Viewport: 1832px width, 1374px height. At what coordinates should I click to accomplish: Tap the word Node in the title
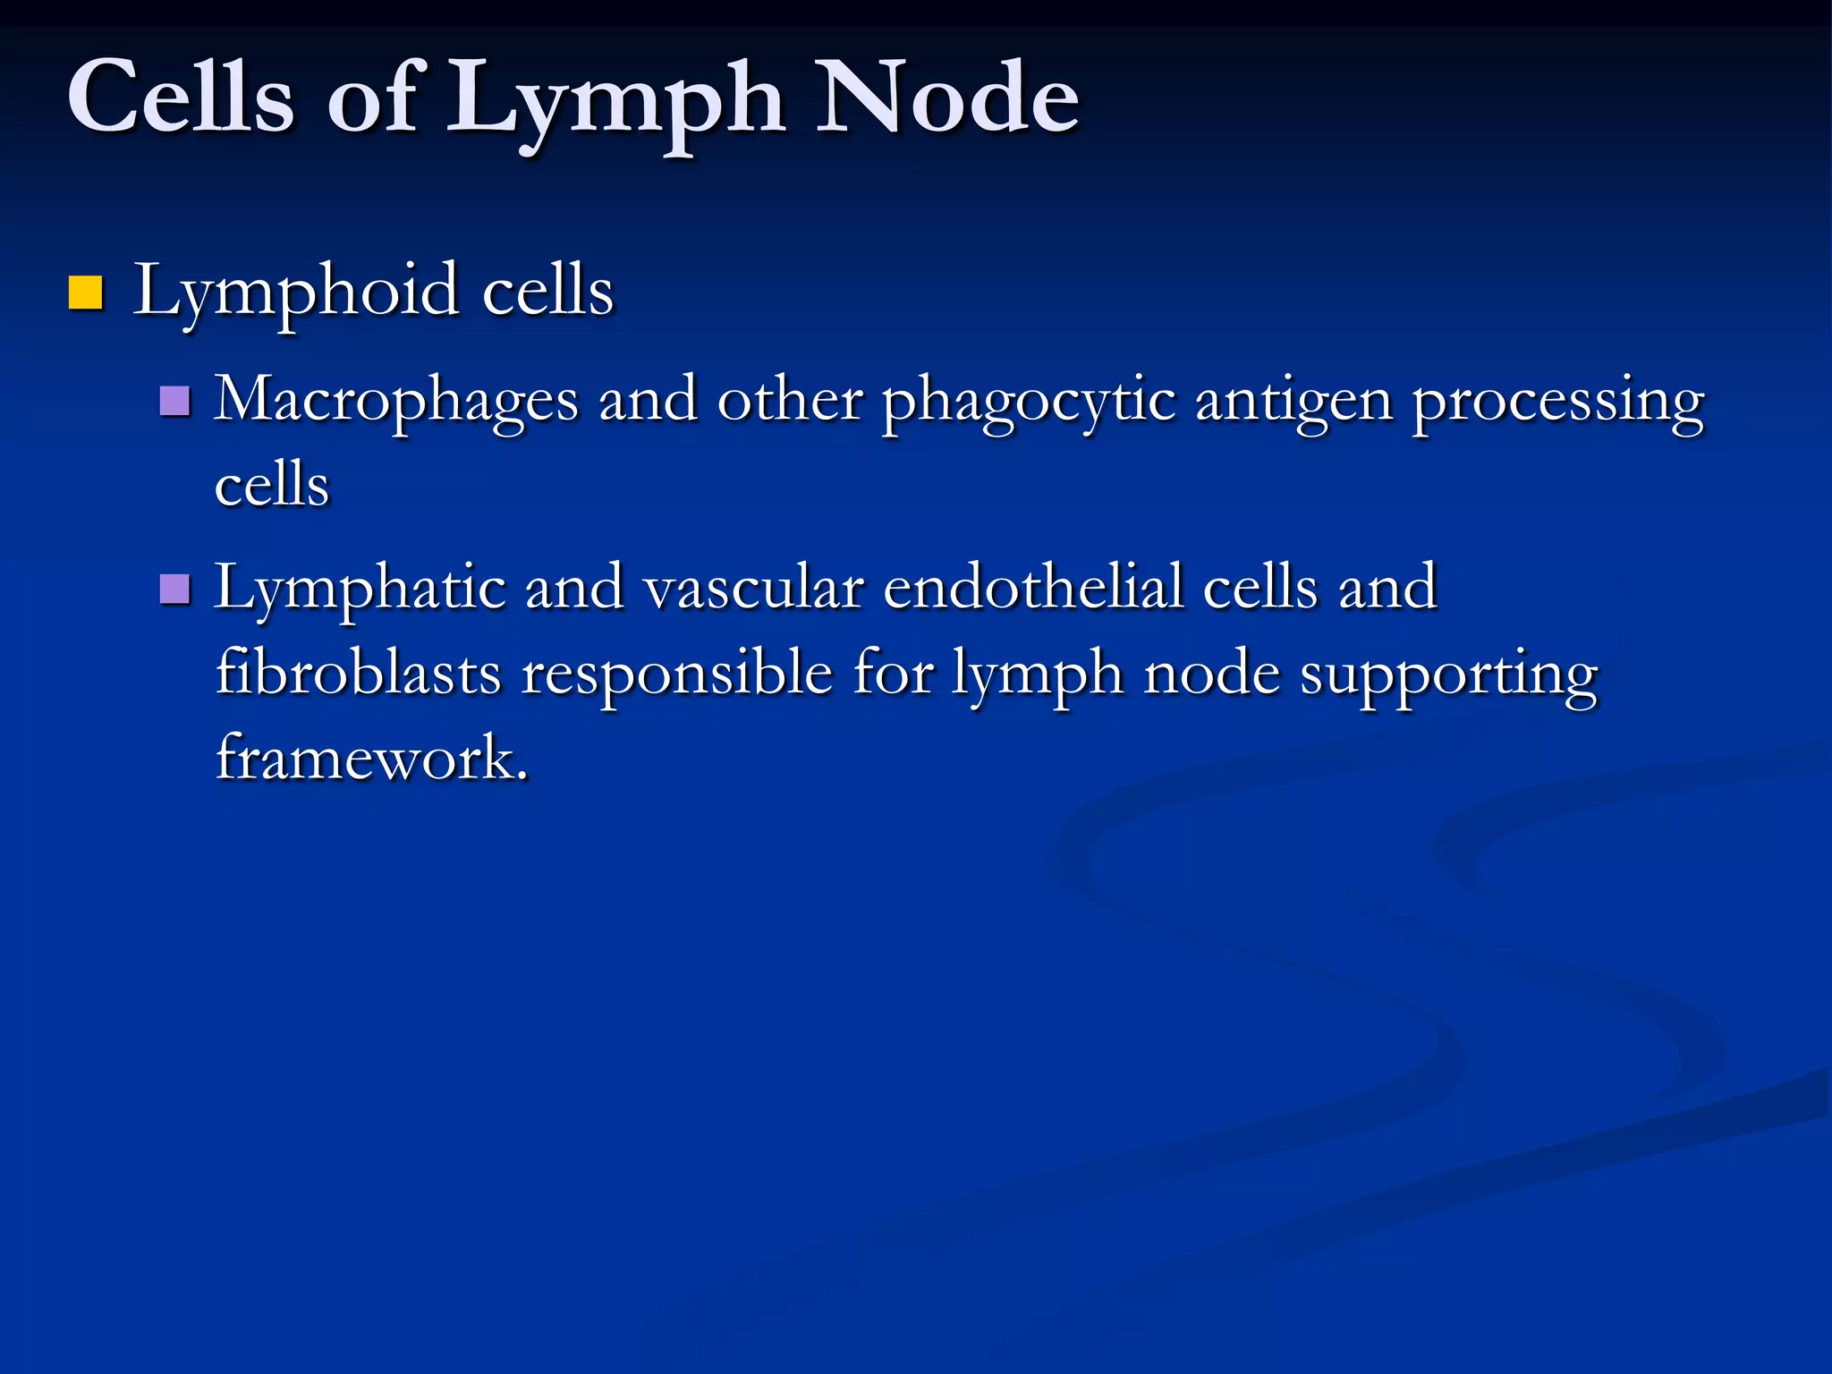(x=947, y=97)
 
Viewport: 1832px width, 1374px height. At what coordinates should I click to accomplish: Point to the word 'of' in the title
(x=371, y=97)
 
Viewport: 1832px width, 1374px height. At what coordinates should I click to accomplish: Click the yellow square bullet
(x=86, y=293)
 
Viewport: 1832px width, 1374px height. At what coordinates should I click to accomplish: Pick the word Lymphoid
(x=296, y=293)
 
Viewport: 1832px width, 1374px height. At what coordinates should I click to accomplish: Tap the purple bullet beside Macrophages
(x=174, y=402)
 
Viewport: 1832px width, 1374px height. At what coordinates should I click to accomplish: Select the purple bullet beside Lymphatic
(x=174, y=589)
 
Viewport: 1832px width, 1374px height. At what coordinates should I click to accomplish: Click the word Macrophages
(x=396, y=402)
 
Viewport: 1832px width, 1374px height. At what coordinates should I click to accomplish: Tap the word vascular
(x=754, y=589)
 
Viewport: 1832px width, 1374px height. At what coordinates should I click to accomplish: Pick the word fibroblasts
(x=358, y=673)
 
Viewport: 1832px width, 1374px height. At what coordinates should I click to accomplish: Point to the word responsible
(x=677, y=674)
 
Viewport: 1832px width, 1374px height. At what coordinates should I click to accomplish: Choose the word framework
(x=371, y=759)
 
